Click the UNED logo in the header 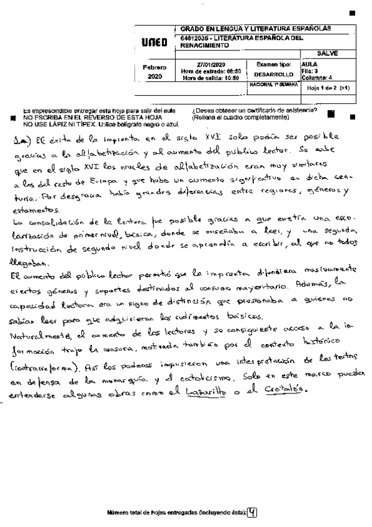coord(154,43)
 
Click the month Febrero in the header coord(154,67)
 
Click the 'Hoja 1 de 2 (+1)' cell coord(329,89)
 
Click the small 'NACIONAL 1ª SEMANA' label coord(273,83)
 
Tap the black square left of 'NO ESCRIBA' coord(14,117)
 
